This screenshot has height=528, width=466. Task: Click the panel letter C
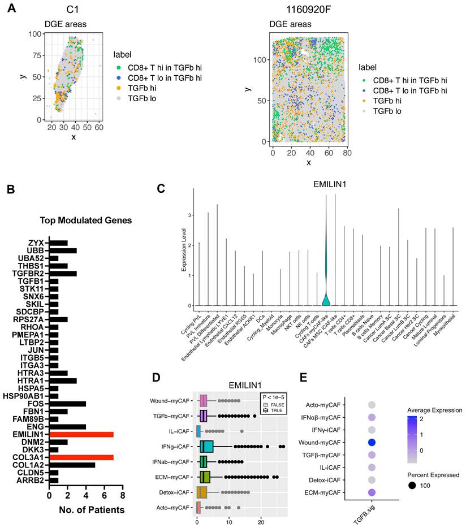(x=161, y=189)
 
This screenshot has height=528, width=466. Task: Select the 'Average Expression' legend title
(x=434, y=410)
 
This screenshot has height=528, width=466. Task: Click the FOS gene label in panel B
(x=38, y=404)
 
